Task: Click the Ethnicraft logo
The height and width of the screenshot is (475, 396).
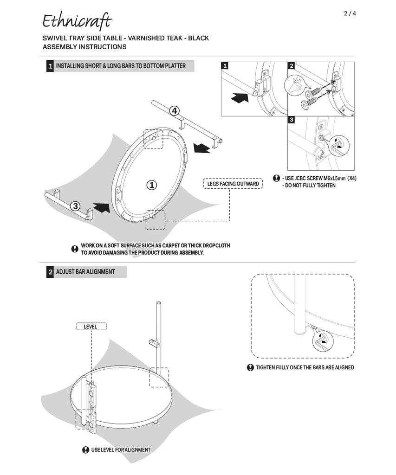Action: point(77,21)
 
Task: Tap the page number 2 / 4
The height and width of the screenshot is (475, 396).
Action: point(350,13)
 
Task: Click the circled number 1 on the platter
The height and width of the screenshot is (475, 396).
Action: point(151,185)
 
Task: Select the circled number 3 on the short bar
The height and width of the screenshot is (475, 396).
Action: point(76,206)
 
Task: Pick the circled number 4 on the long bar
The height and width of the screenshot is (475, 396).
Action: point(174,111)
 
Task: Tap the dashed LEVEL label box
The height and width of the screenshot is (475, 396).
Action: point(91,327)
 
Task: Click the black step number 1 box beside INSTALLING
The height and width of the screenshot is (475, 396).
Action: point(50,66)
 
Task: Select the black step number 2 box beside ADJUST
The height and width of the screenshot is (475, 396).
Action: point(50,272)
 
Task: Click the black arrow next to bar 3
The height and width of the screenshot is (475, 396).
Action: point(101,207)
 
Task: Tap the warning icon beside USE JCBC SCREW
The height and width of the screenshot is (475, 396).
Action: point(277,178)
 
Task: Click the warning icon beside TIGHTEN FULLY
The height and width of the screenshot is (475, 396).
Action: point(250,367)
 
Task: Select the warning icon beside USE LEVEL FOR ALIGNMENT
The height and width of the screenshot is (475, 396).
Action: point(85,449)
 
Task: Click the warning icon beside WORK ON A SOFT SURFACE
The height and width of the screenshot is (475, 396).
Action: point(75,249)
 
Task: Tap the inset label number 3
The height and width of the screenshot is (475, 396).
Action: point(292,120)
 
